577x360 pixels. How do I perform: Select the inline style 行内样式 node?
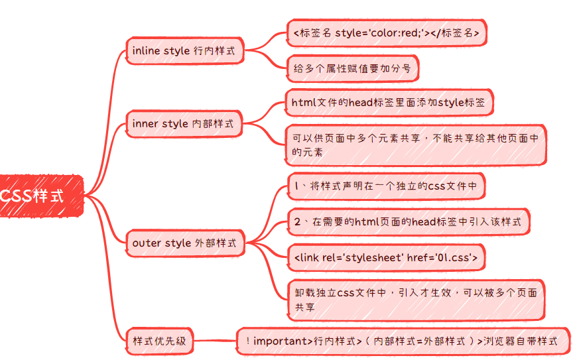click(184, 51)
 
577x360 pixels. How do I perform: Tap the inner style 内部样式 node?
click(183, 123)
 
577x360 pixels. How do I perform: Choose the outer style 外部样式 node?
click(184, 243)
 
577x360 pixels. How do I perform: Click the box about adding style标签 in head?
click(388, 103)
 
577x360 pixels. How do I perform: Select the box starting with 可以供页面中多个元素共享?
click(416, 145)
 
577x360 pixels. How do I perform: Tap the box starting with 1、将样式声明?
click(385, 186)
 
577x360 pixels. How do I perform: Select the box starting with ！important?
click(403, 342)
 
